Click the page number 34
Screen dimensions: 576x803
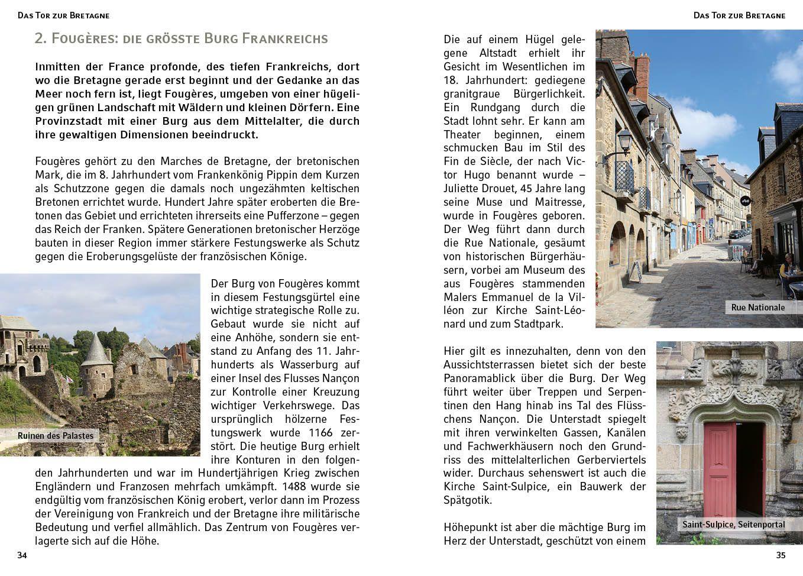coord(22,555)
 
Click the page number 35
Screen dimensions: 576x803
coord(781,555)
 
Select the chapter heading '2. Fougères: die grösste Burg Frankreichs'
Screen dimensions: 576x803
coord(181,38)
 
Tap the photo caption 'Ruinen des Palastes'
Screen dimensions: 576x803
coord(56,436)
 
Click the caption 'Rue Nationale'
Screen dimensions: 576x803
coord(757,308)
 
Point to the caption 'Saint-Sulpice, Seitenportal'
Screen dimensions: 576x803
coord(733,525)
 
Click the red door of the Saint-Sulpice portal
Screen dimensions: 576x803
coord(720,470)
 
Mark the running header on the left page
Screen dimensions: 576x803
coord(63,15)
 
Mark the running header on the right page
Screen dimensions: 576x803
coord(739,15)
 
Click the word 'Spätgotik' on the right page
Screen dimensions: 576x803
coord(467,500)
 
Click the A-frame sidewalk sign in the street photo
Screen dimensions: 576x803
coord(635,271)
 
